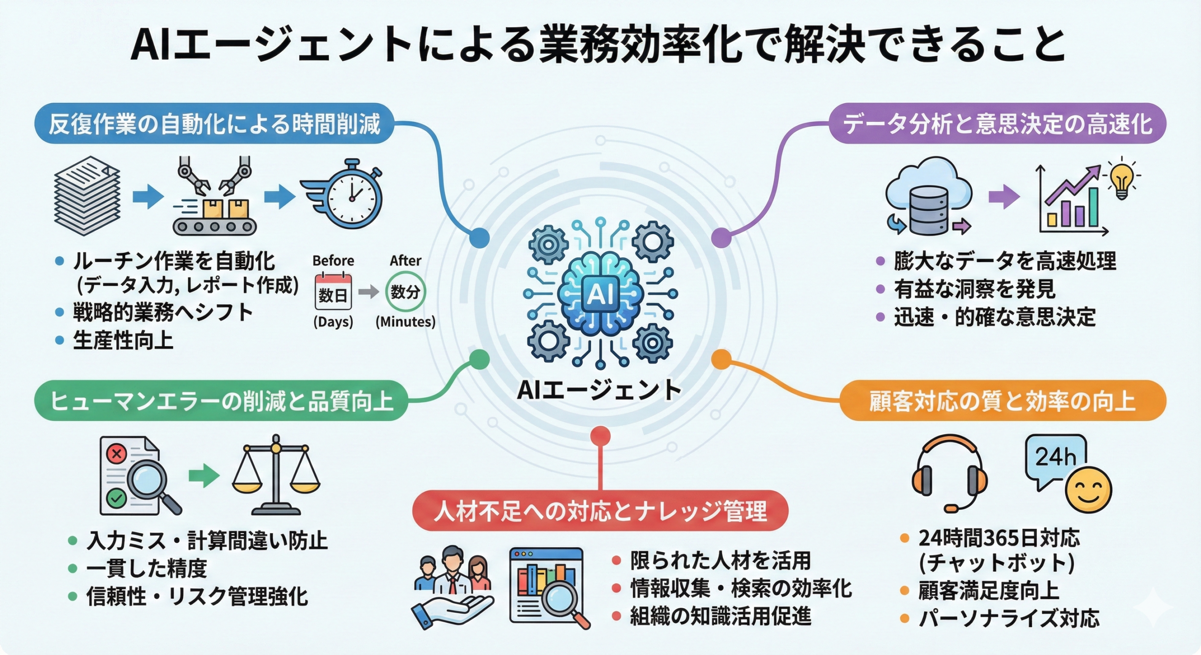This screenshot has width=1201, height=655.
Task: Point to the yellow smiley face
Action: coord(1088,490)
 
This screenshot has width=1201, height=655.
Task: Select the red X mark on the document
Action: coord(116,453)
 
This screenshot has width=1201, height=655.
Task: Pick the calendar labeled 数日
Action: coord(333,292)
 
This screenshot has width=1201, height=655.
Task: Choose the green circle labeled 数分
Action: coord(405,291)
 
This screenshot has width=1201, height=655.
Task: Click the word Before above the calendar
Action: coord(333,260)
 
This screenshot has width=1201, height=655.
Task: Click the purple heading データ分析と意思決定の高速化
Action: coord(997,124)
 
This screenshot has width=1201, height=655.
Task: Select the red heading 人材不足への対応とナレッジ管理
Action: coord(600,511)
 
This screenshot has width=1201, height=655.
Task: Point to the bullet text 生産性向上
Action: coord(123,340)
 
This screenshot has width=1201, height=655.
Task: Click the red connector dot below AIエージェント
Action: coord(600,436)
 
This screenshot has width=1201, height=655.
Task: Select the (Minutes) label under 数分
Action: coord(405,322)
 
